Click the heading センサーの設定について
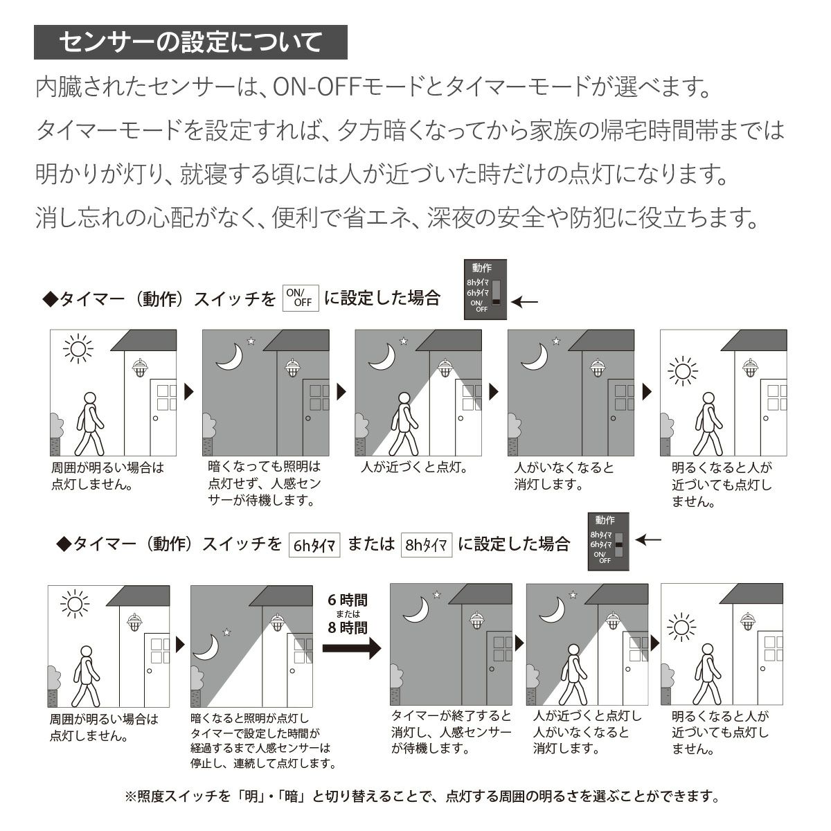tap(190, 43)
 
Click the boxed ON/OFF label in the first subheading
tap(301, 298)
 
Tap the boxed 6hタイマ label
tap(314, 544)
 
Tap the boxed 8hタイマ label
tap(427, 544)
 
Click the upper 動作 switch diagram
tap(485, 289)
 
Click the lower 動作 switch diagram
tap(609, 541)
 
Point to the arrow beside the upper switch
tap(528, 301)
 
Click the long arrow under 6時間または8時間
tap(352, 649)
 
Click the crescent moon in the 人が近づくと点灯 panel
tap(382, 356)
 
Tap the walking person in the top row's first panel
tap(89, 422)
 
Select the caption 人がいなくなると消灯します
tap(564, 476)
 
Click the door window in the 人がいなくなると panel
tap(624, 397)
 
